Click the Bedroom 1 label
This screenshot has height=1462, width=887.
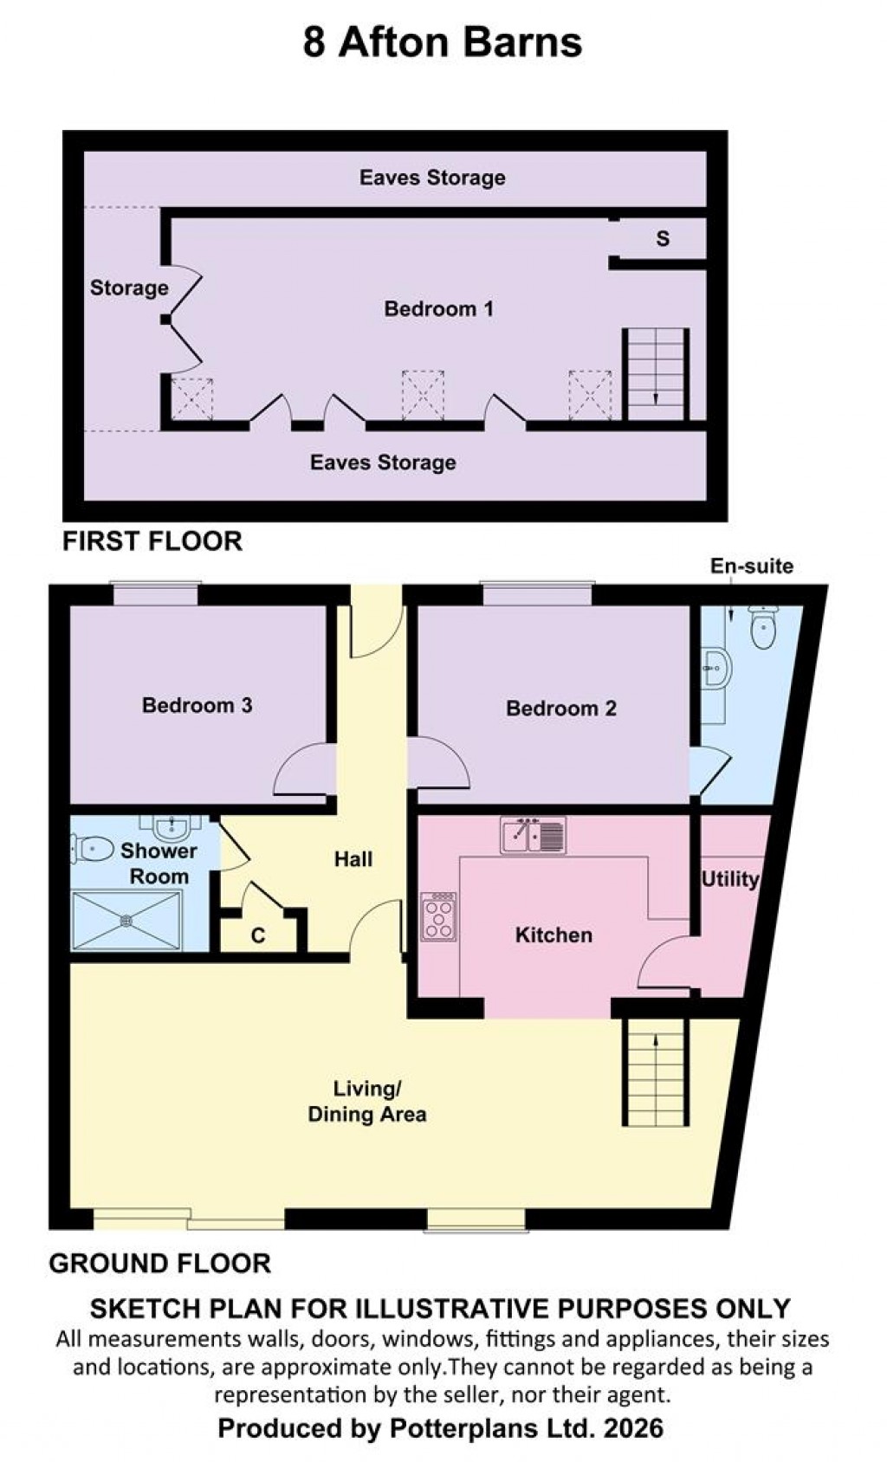[x=438, y=309]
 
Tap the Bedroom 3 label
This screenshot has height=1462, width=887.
[x=197, y=705]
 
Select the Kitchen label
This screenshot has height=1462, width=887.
[x=554, y=935]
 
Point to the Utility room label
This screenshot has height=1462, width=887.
[x=729, y=879]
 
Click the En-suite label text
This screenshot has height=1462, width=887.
[x=751, y=566]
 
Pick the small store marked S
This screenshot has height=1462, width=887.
[x=663, y=239]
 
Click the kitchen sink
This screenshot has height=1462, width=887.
[x=533, y=836]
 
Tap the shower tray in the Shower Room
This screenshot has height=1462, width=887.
[x=126, y=920]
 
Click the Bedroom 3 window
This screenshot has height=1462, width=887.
[x=156, y=595]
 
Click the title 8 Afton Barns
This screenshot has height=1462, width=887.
[x=443, y=42]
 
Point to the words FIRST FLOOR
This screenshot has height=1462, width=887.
[x=152, y=541]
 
